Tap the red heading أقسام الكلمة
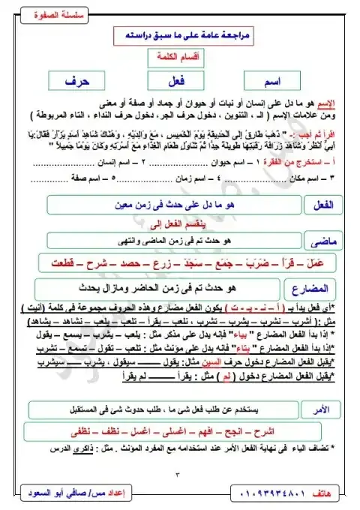(x=181, y=59)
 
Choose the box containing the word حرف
(x=79, y=81)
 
